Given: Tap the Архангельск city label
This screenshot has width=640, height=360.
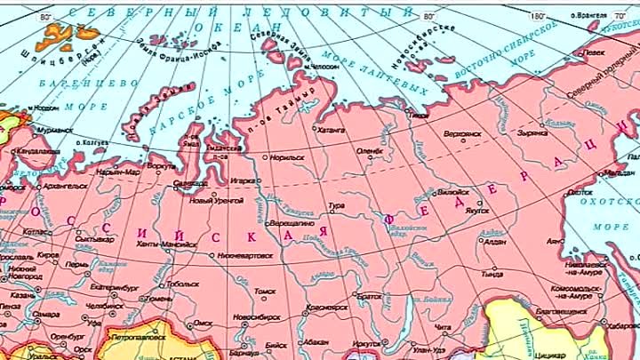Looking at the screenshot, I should [x=65, y=186].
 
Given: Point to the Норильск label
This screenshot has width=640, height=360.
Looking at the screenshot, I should [x=286, y=157].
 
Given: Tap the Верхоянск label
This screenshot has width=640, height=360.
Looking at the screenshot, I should [x=462, y=134].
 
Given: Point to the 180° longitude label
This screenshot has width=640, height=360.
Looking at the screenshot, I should [x=536, y=16].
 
